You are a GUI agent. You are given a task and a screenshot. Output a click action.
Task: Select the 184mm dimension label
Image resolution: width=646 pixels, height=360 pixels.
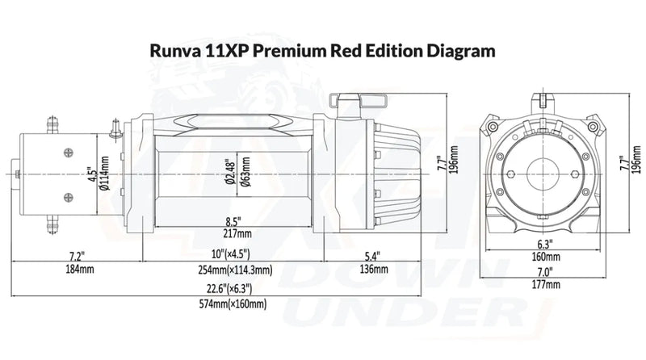click(77, 268)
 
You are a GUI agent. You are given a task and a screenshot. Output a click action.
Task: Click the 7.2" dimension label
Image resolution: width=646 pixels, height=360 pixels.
click(77, 255)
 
